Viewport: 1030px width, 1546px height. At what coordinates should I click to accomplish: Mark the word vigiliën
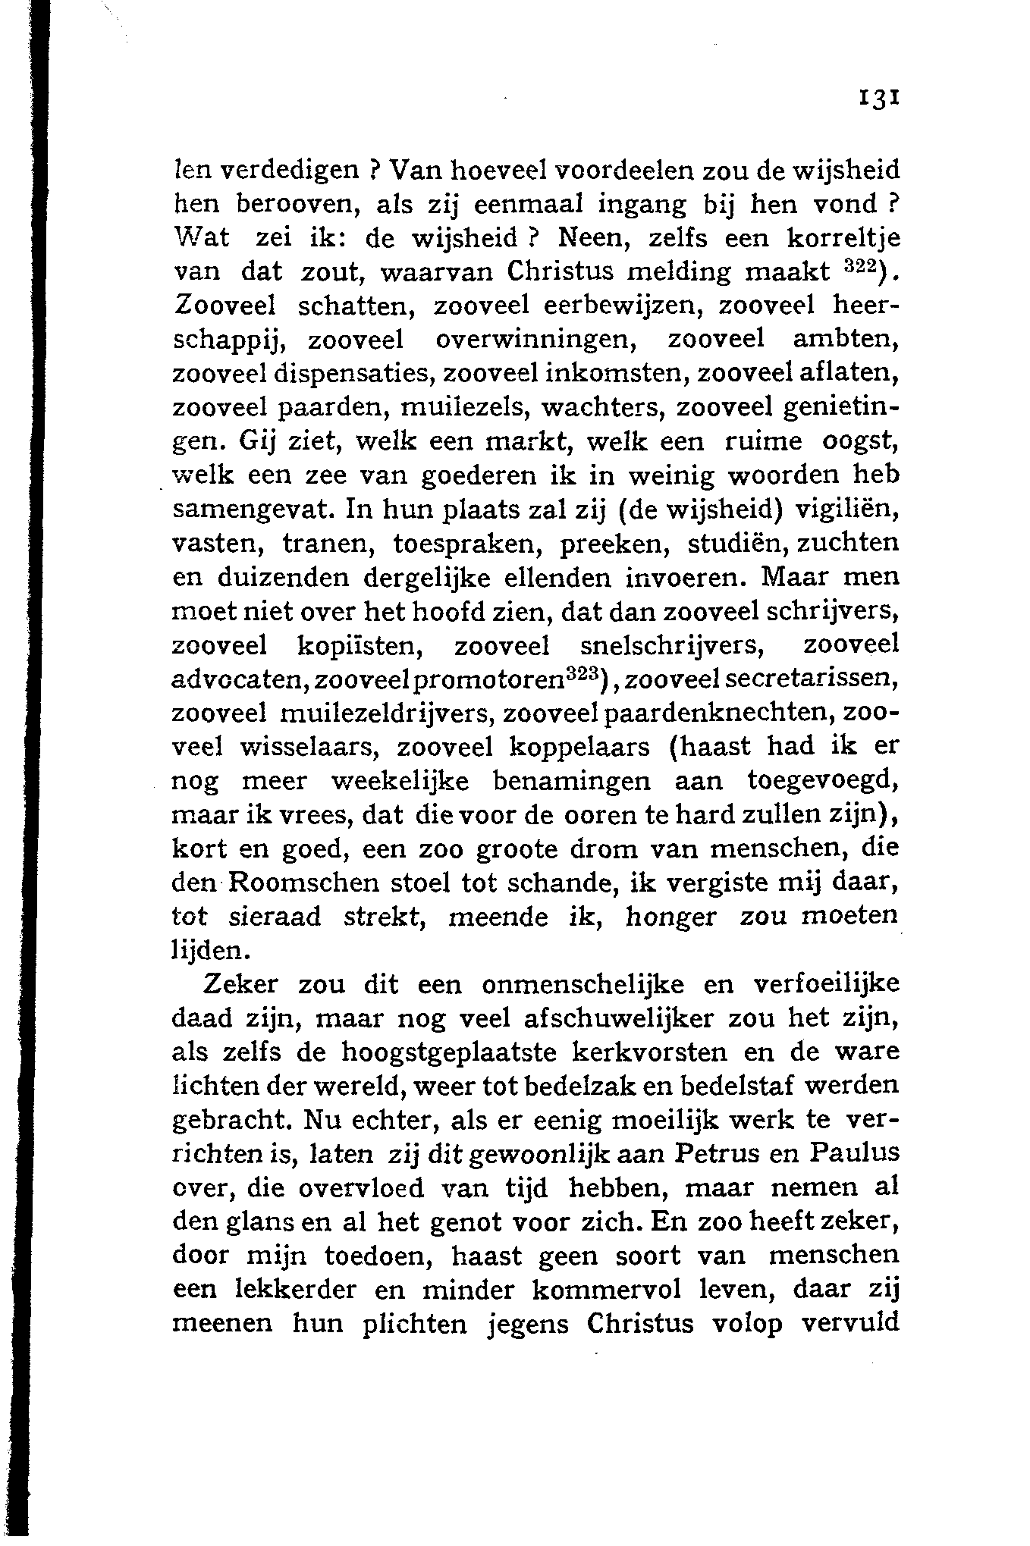click(x=846, y=509)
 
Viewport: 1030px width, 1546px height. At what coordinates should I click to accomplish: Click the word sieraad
click(x=275, y=917)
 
